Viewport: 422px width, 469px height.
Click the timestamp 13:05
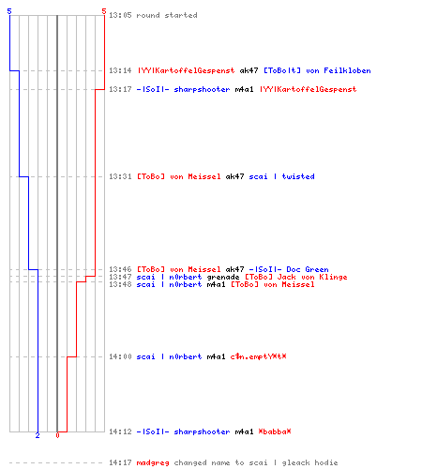pos(120,15)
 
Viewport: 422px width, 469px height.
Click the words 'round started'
pos(167,15)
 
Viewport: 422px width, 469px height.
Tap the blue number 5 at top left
pos(9,11)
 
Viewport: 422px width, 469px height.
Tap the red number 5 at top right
pos(104,11)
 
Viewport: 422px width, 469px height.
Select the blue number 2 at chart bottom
pos(38,435)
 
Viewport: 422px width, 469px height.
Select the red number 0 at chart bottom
pos(57,435)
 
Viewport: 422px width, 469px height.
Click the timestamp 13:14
pos(120,70)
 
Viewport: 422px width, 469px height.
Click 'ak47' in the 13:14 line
pos(249,70)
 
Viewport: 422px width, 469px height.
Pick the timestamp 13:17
pos(120,89)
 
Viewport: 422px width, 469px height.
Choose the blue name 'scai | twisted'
pos(281,176)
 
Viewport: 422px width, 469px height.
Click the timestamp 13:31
pos(120,176)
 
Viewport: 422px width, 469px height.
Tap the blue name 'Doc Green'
pos(308,269)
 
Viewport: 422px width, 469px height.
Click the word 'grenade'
pos(223,277)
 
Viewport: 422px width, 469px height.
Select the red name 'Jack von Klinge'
pos(312,277)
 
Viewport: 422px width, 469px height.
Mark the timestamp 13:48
pos(120,284)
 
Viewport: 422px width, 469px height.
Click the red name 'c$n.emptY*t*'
pos(258,356)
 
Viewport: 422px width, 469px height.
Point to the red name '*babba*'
pos(275,431)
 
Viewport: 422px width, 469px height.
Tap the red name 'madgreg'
pos(153,462)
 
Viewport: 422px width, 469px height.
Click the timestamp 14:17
pos(120,462)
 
